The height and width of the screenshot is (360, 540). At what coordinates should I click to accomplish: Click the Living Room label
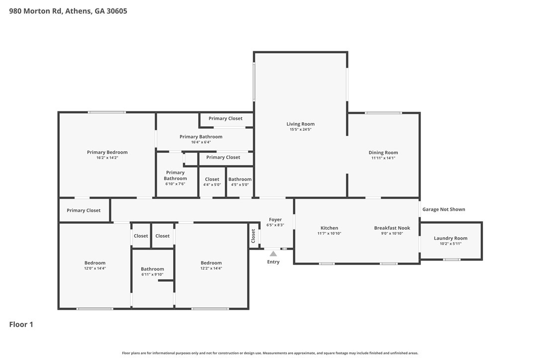click(x=300, y=124)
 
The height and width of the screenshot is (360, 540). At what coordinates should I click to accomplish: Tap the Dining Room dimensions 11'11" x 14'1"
click(x=383, y=158)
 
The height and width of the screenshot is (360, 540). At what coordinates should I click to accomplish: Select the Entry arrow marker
click(x=273, y=254)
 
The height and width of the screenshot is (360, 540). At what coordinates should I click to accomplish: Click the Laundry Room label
click(x=450, y=238)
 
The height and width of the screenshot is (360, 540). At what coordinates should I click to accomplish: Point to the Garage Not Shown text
click(x=444, y=209)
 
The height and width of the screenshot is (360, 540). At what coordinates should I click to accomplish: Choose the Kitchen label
click(x=329, y=228)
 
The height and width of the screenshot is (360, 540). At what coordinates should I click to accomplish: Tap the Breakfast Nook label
click(x=392, y=228)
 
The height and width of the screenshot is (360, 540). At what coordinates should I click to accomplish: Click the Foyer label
click(x=275, y=219)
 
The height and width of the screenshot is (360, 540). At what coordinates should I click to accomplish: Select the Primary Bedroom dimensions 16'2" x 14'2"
click(x=107, y=158)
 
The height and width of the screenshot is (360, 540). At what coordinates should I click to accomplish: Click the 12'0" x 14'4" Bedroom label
click(x=94, y=263)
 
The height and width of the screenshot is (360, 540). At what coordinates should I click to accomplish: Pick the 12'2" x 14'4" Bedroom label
click(x=211, y=263)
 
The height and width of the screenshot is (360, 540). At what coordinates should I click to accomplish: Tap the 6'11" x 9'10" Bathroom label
click(x=152, y=269)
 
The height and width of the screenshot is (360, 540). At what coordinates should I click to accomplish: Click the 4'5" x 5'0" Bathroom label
click(x=240, y=179)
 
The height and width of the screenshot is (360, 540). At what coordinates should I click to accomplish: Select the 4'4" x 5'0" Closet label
click(x=212, y=179)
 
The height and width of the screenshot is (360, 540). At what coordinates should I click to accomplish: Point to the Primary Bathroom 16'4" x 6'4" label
click(x=201, y=137)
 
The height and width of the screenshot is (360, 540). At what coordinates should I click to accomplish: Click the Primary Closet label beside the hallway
click(x=84, y=210)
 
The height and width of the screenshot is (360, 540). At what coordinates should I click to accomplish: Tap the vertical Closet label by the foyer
click(x=253, y=236)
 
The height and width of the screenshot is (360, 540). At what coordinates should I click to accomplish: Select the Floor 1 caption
click(x=21, y=324)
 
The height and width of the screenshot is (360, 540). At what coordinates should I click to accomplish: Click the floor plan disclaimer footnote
click(x=270, y=353)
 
